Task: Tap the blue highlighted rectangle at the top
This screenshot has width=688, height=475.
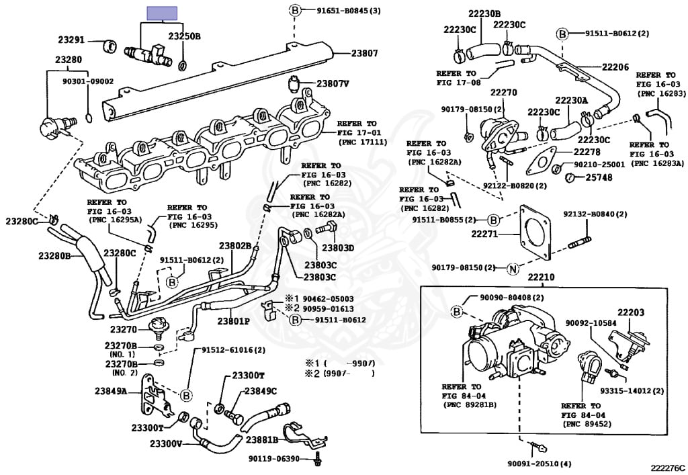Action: (x=162, y=13)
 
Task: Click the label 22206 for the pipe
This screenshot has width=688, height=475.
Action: (x=615, y=67)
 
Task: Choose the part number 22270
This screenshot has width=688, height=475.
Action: (x=503, y=93)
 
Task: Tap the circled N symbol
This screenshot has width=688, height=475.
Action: (x=513, y=269)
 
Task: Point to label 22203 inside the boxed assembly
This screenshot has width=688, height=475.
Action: (x=631, y=312)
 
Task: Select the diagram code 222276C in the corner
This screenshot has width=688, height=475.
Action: (x=667, y=467)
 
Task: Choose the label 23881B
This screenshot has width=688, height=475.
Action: (x=262, y=440)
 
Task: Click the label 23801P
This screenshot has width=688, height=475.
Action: (x=233, y=321)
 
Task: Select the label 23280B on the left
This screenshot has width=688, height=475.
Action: (x=55, y=255)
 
